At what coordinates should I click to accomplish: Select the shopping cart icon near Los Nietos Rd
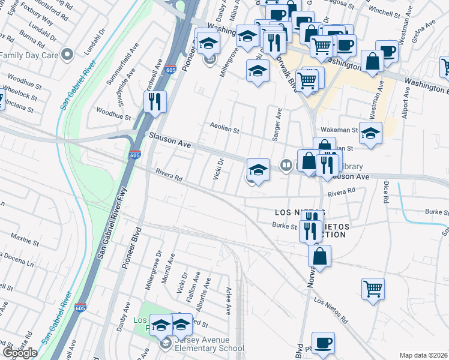pyautogui.click(x=373, y=289)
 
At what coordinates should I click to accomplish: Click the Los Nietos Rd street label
pyautogui.click(x=331, y=311)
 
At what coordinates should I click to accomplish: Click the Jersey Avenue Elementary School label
pyautogui.click(x=208, y=348)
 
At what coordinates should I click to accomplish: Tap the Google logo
pyautogui.click(x=20, y=353)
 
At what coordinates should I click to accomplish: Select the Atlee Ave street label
pyautogui.click(x=229, y=301)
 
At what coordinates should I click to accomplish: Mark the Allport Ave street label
pyautogui.click(x=408, y=101)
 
